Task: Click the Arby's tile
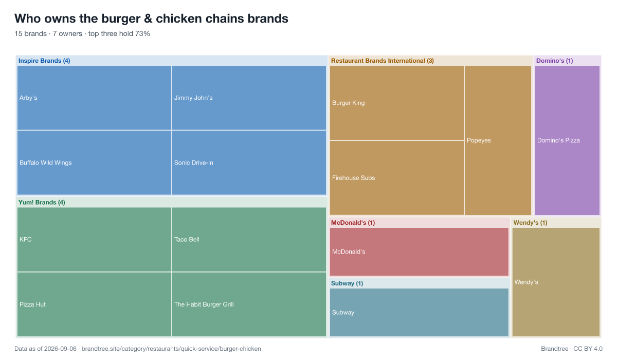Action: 94,98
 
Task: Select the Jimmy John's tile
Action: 249,98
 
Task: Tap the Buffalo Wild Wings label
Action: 45,163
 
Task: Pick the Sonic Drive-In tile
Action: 249,163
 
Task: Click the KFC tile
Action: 94,239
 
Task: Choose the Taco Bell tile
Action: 249,239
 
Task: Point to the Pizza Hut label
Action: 32,304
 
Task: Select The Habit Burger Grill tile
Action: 249,304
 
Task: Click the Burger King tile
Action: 397,103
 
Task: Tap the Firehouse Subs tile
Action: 397,178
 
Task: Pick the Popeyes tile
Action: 498,140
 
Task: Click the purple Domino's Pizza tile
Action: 567,140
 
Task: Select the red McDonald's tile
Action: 419,252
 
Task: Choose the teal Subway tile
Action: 419,312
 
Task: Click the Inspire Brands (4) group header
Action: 44,61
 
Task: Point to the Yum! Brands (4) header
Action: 42,203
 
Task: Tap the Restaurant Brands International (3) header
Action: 383,61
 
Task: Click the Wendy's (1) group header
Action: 530,223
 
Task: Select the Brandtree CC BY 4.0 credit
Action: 572,349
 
